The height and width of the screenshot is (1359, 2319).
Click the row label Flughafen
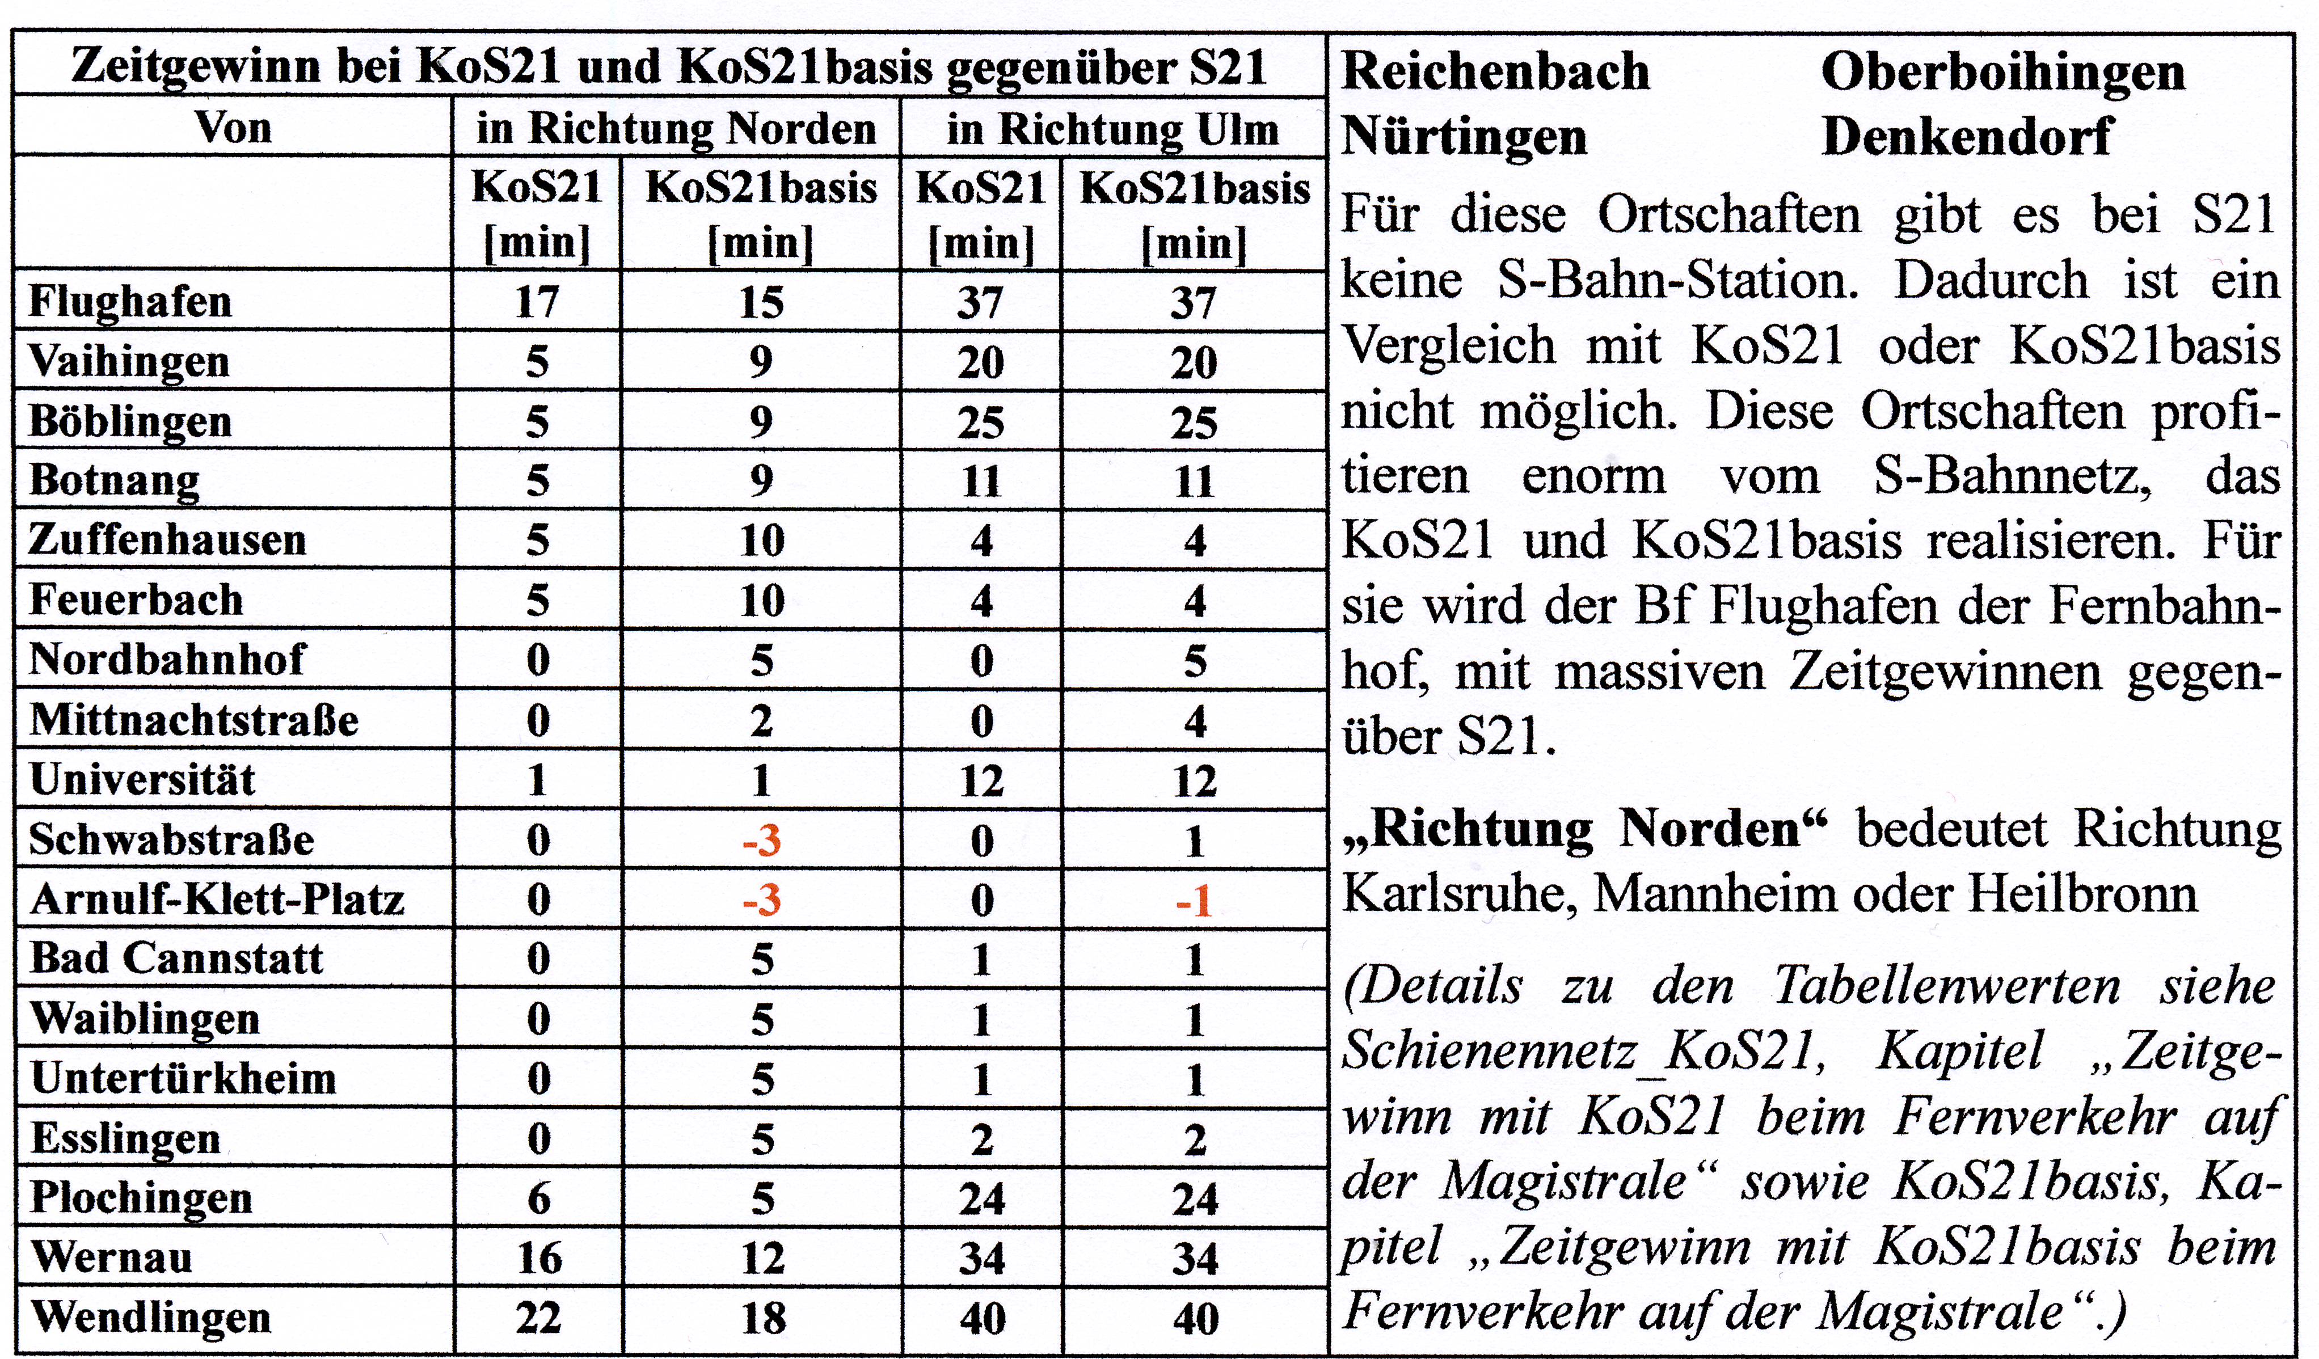pos(130,301)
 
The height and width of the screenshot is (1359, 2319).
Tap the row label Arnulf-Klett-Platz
pos(217,899)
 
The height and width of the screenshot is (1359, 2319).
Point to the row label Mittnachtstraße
pos(194,720)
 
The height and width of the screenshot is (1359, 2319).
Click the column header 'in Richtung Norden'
pos(676,128)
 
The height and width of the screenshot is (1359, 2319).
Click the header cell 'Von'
pos(234,127)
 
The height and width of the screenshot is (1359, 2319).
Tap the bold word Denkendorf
pos(1967,136)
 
